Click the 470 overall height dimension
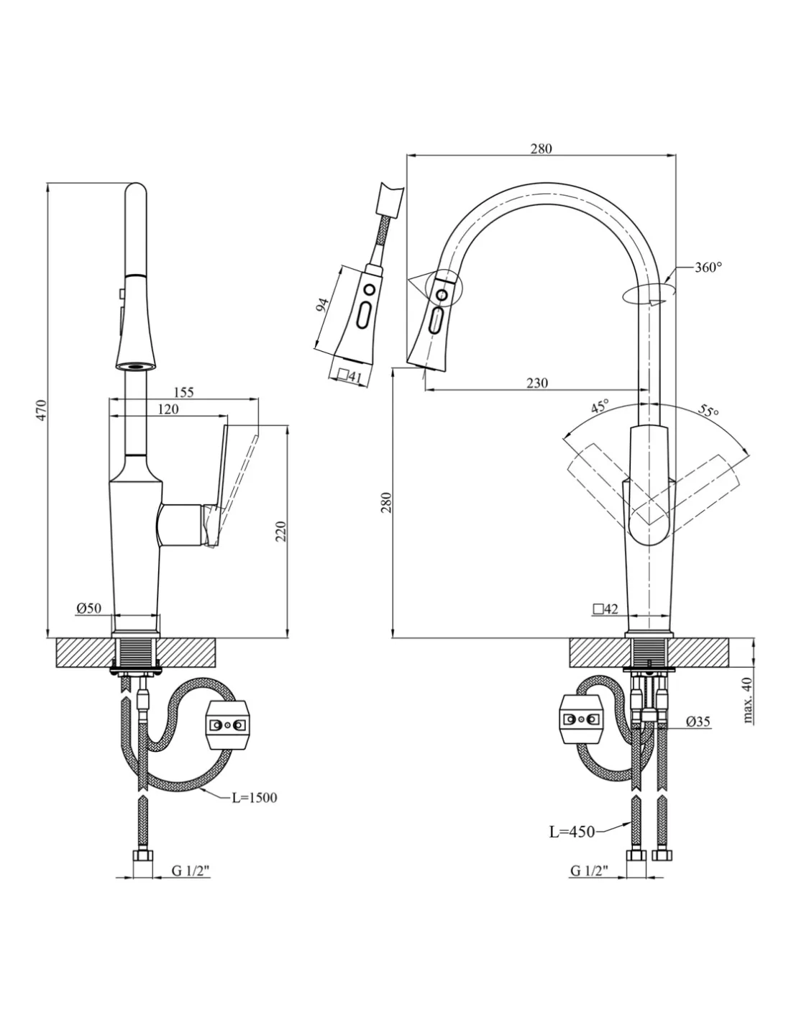coord(42,409)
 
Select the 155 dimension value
coord(183,393)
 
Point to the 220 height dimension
coord(281,531)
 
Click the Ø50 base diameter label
coord(88,609)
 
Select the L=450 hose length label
coord(572,832)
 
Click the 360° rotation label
coord(708,267)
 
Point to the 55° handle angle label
coord(708,412)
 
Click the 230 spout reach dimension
coord(536,383)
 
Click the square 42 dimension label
coord(605,609)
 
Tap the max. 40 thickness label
coord(748,699)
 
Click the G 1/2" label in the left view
coord(190,871)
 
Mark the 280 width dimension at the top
coord(541,149)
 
